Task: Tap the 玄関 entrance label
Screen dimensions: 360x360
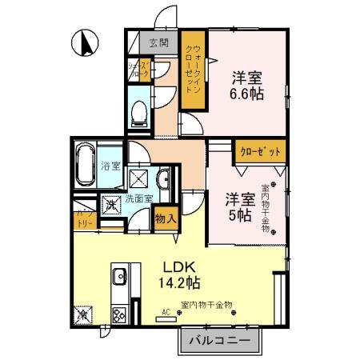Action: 158,42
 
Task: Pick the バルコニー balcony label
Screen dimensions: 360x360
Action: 218,341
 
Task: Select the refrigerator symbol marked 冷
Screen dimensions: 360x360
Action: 82,316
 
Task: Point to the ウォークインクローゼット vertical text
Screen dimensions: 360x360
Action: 193,72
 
